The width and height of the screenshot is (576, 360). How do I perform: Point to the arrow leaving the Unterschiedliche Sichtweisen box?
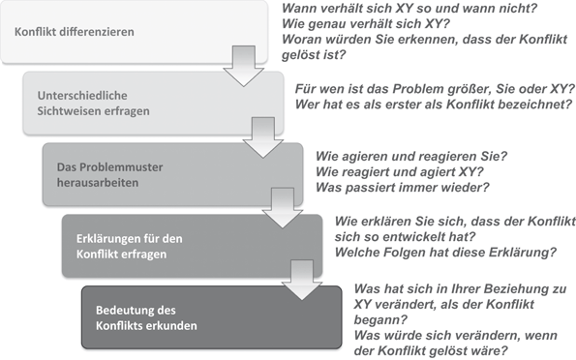(x=260, y=135)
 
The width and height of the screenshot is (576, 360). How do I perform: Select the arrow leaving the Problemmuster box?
(x=282, y=204)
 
